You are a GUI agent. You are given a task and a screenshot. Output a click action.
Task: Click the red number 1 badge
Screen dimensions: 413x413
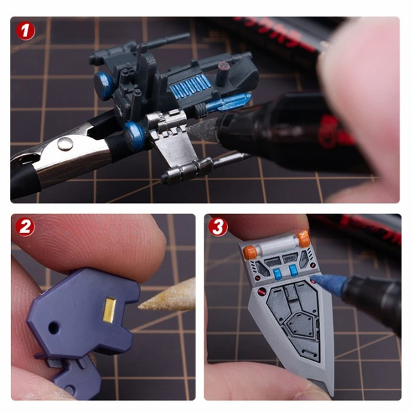[26, 31]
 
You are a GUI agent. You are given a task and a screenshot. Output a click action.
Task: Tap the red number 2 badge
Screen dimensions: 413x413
[25, 226]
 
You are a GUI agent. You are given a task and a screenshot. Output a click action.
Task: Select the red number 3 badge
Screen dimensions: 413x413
[218, 226]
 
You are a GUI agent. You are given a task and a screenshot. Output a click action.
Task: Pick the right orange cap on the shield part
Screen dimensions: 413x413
[303, 240]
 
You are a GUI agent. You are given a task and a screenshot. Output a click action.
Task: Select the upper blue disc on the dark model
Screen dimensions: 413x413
[105, 85]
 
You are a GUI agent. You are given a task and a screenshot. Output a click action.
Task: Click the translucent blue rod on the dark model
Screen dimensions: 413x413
[227, 103]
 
